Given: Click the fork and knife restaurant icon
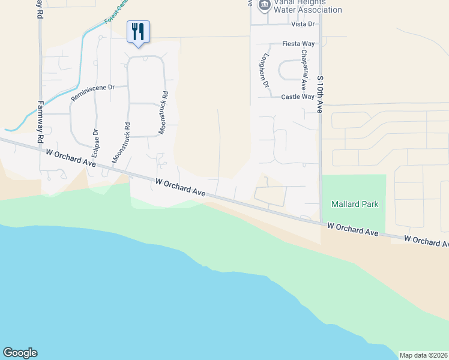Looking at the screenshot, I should [x=138, y=31].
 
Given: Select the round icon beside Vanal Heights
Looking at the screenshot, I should [x=264, y=5].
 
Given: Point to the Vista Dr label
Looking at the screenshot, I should [x=303, y=24].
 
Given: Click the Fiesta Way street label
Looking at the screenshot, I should [x=299, y=44].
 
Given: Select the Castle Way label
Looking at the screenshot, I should [x=298, y=97].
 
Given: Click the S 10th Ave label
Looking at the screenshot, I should [x=320, y=94].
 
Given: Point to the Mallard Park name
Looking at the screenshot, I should [x=355, y=204].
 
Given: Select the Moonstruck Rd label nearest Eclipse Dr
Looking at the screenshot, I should [x=122, y=143].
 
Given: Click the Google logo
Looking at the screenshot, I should [x=20, y=353].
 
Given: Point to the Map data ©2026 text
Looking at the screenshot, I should [x=423, y=355].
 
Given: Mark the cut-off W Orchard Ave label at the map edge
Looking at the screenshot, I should [x=426, y=241].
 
